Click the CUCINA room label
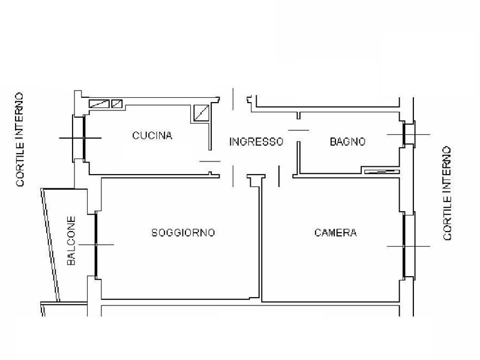point(152,136)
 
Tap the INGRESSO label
point(256,142)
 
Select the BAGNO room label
point(347,142)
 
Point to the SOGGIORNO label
point(183,233)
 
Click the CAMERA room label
point(335,233)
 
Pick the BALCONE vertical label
point(71,241)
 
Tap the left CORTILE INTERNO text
point(20,140)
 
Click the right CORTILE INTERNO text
point(447,193)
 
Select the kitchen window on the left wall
point(84,138)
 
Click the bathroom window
point(404,134)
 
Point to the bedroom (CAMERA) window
point(404,246)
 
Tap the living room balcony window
point(96,245)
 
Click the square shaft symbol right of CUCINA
point(202,113)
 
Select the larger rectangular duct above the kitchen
point(99,104)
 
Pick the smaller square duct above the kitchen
point(116,104)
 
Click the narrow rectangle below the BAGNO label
point(382,172)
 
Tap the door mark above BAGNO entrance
point(298,130)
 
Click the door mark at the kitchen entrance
point(210,161)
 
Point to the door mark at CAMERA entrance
point(279,176)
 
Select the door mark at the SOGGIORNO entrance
point(233,176)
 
